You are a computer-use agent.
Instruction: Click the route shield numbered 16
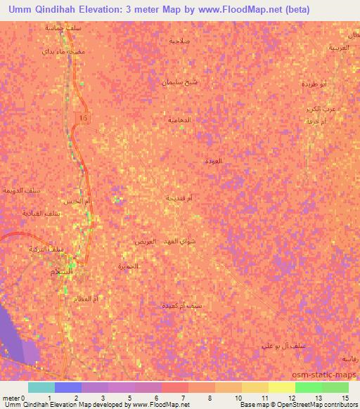[84, 118]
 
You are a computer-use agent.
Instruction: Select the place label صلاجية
[180, 41]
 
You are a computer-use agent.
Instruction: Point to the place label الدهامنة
[179, 120]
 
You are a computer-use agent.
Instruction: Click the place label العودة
[213, 161]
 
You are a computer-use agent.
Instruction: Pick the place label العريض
[145, 241]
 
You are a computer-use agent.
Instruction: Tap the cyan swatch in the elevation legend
[41, 387]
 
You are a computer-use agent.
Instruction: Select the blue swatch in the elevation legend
[68, 387]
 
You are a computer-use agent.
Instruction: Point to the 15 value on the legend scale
[345, 398]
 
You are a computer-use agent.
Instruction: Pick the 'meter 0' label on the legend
[14, 398]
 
